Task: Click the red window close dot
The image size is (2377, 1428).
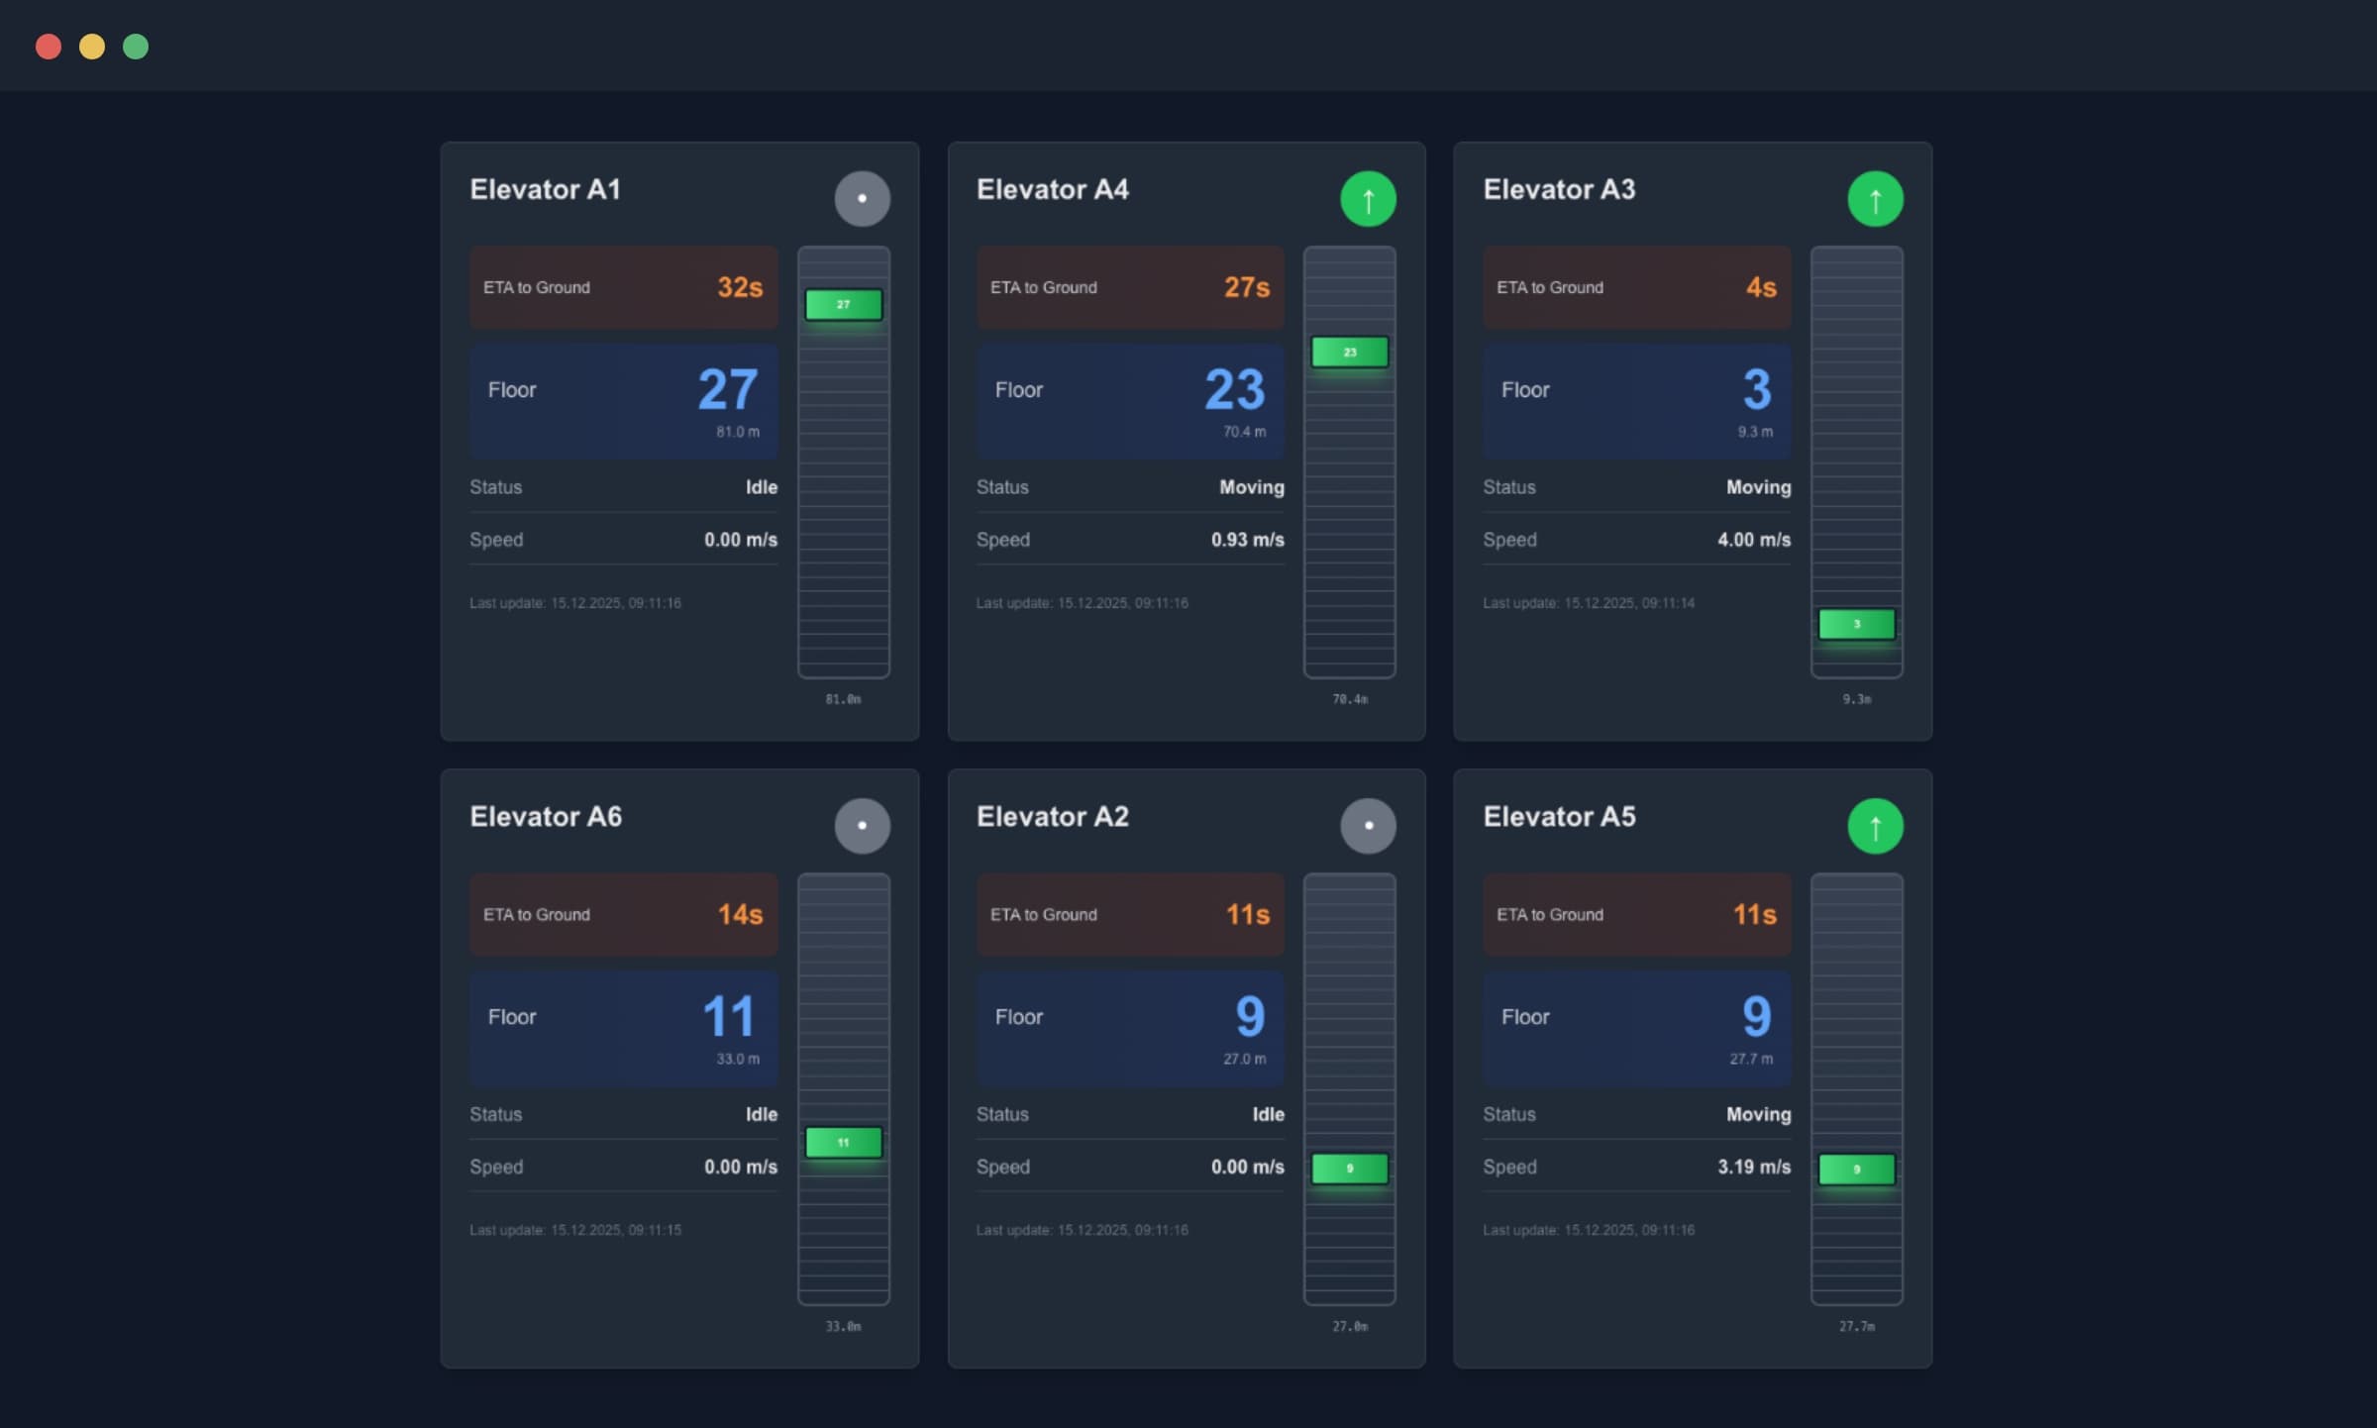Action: (49, 47)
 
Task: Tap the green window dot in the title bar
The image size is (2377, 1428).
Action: (136, 47)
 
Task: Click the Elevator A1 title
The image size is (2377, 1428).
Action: (545, 189)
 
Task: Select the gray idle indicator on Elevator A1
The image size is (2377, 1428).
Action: (862, 198)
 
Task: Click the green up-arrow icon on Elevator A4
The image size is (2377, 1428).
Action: (1368, 198)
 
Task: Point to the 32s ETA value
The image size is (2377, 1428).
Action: (740, 287)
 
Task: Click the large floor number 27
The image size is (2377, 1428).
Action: (728, 388)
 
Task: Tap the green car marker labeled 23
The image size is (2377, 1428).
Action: (1349, 352)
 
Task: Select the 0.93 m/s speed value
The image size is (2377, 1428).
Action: (1247, 540)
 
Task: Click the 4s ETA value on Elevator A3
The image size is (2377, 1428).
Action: (1761, 287)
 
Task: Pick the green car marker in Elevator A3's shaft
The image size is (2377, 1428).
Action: (1856, 624)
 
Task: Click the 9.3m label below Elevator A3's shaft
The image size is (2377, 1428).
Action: (1856, 699)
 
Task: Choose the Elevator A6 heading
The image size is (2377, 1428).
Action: (546, 816)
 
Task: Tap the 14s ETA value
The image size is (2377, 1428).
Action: (740, 914)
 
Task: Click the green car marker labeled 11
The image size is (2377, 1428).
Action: (843, 1143)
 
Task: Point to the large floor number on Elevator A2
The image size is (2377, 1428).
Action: (1250, 1016)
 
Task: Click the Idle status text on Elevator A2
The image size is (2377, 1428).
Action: (1268, 1114)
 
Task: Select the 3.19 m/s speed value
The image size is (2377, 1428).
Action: (1754, 1167)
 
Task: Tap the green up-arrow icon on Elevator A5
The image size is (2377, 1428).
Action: (1875, 826)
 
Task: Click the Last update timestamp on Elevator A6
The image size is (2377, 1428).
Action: (575, 1230)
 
